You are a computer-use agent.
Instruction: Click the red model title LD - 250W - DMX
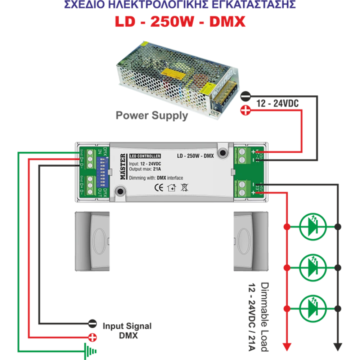180,22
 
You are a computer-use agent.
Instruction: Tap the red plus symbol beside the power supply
246,111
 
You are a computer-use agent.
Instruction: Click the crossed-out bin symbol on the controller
184,187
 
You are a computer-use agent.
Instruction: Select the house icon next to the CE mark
171,187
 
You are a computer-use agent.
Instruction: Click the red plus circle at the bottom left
93,337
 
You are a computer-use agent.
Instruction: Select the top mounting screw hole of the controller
223,152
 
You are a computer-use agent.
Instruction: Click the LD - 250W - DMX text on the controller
196,156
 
